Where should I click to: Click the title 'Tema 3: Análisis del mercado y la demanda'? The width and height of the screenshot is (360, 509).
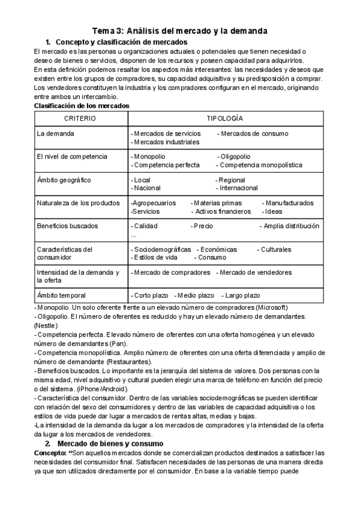(x=179, y=31)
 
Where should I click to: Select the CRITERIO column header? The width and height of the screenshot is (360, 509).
(x=80, y=119)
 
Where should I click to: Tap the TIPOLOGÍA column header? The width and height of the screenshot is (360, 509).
(x=225, y=119)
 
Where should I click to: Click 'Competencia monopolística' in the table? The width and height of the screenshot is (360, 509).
(x=259, y=165)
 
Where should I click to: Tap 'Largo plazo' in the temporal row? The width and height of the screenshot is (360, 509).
(x=241, y=295)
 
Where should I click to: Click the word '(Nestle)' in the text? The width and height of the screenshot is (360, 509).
(x=46, y=325)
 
